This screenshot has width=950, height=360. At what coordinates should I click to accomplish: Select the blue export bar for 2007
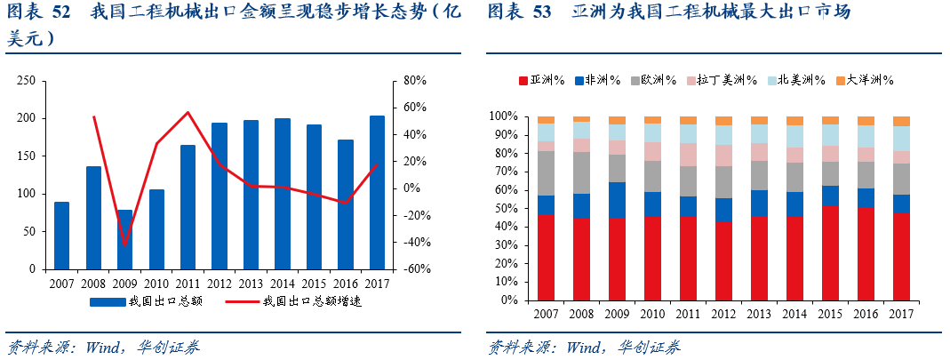click(61, 235)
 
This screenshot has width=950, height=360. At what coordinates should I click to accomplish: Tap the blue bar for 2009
click(124, 239)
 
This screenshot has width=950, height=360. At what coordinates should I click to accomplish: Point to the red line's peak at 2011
click(188, 112)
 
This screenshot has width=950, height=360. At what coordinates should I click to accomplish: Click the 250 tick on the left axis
click(27, 81)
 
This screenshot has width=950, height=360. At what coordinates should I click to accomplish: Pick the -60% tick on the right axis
click(413, 268)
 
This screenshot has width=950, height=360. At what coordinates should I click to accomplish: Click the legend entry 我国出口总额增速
click(311, 301)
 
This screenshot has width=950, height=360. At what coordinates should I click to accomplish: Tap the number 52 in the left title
click(62, 12)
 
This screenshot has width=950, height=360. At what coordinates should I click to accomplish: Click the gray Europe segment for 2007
click(546, 173)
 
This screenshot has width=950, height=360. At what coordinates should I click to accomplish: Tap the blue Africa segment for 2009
click(617, 200)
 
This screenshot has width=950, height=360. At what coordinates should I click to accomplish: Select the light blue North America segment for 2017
click(901, 139)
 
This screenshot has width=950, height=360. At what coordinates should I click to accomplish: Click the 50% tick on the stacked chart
click(504, 208)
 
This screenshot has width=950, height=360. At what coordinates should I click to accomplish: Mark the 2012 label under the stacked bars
click(723, 315)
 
